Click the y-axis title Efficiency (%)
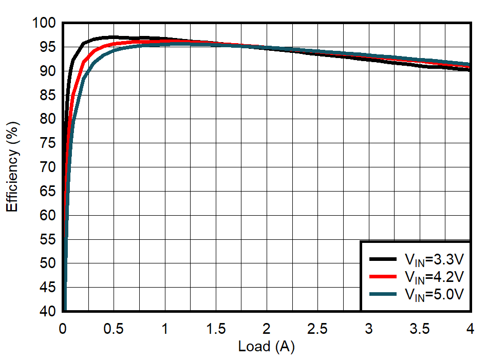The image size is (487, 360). (x=13, y=166)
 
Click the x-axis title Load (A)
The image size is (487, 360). (x=266, y=347)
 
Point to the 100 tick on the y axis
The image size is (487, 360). (x=46, y=23)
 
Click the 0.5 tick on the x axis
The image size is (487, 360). (x=114, y=328)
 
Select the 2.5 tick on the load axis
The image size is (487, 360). (x=317, y=328)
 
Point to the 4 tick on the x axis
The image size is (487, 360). (x=470, y=328)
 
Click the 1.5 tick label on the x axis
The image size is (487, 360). (x=215, y=328)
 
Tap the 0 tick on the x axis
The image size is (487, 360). (x=63, y=328)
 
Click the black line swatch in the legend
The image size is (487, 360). (x=383, y=259)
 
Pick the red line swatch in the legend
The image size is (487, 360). (x=383, y=277)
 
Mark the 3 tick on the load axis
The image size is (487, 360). (x=368, y=328)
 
